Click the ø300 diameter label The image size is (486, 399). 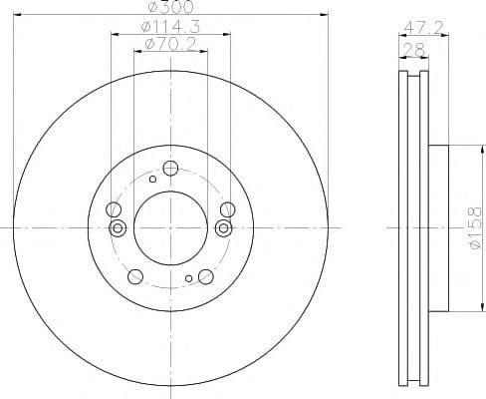(170, 7)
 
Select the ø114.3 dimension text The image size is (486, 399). (170, 27)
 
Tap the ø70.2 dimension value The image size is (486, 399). (170, 44)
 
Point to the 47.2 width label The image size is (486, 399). (423, 27)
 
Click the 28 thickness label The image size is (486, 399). (413, 50)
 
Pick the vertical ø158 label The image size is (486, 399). (473, 228)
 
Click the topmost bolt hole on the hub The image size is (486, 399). (170, 169)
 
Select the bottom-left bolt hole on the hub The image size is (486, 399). (135, 276)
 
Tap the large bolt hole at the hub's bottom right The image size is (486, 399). (206, 276)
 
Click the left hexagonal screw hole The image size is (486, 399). (118, 228)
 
